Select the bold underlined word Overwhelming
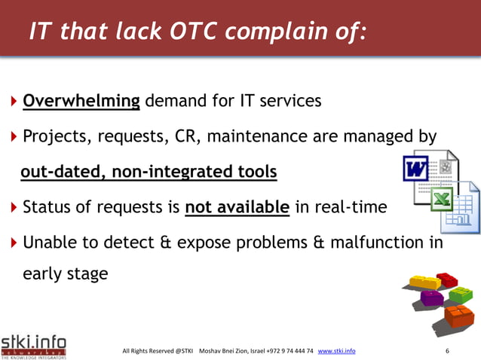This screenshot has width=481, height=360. pos(81,101)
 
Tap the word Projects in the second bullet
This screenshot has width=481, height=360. pos(55,137)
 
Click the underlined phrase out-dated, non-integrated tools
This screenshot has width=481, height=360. pos(149,173)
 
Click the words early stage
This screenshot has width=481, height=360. pos(66,274)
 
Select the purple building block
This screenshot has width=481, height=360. pos(432,298)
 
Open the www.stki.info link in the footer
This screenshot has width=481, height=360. pos(337,351)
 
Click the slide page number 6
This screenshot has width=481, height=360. pos(448,351)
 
